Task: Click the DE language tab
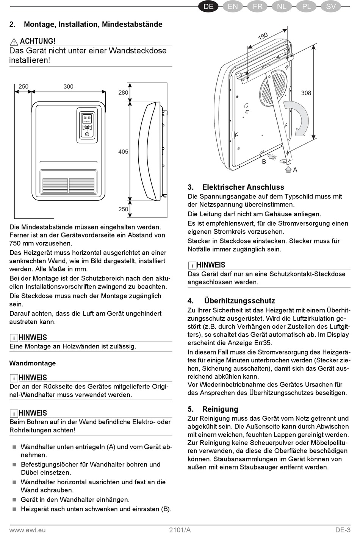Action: click(x=209, y=6)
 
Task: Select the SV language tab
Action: click(x=331, y=6)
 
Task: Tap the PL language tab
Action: click(x=307, y=6)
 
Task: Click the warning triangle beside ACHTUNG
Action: click(x=14, y=42)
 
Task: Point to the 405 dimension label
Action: click(x=123, y=152)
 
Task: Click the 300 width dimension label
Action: click(x=68, y=87)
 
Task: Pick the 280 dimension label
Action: click(x=123, y=93)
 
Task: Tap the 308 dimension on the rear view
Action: click(x=306, y=93)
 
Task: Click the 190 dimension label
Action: click(x=263, y=36)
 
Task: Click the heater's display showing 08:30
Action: click(x=87, y=118)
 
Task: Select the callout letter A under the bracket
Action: click(x=295, y=170)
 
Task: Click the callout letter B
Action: click(x=264, y=162)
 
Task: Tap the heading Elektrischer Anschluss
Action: click(x=243, y=187)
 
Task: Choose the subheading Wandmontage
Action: click(x=33, y=363)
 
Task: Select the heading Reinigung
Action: click(x=220, y=409)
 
